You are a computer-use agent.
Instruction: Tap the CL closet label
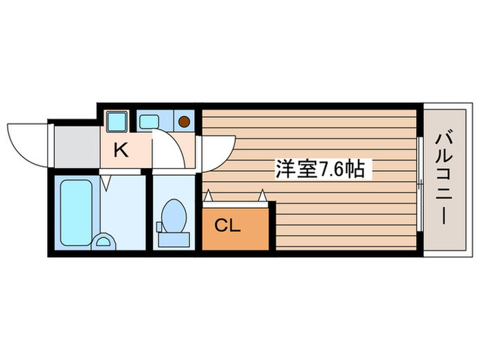point(228,225)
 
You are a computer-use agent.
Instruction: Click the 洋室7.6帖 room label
point(324,169)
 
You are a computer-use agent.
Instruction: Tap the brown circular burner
point(184,121)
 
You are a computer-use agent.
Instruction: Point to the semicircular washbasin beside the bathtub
point(104,241)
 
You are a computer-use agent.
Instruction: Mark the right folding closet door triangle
point(261,197)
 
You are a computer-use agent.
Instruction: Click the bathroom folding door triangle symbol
point(106,183)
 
